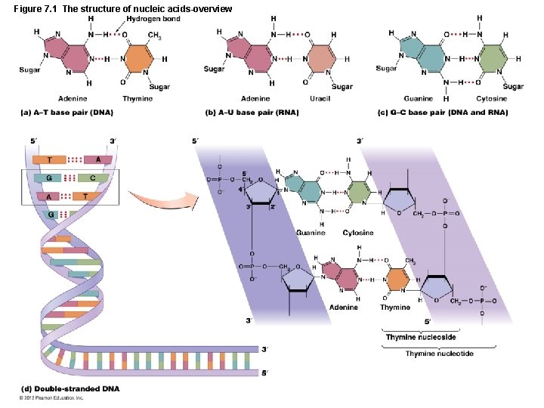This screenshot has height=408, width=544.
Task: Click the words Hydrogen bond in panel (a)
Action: pyautogui.click(x=153, y=19)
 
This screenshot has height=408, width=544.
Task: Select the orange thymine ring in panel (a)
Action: pyautogui.click(x=138, y=59)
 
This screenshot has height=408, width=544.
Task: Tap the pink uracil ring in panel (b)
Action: pyautogui.click(x=321, y=58)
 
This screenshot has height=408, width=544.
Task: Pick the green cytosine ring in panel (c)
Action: pyautogui.click(x=493, y=58)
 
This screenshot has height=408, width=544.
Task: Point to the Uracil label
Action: pyautogui.click(x=320, y=99)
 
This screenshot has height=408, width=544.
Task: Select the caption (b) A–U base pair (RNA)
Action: pyautogui.click(x=252, y=113)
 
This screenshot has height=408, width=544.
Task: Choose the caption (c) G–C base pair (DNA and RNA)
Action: pyautogui.click(x=443, y=113)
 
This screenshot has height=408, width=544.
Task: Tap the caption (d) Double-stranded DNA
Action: pyautogui.click(x=69, y=389)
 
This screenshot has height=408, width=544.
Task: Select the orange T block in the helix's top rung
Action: pyautogui.click(x=50, y=159)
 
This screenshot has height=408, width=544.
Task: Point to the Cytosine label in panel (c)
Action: pyautogui.click(x=491, y=99)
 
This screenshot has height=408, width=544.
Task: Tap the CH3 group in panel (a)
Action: pyautogui.click(x=154, y=36)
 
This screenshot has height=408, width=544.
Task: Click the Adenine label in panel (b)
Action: pyautogui.click(x=255, y=99)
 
